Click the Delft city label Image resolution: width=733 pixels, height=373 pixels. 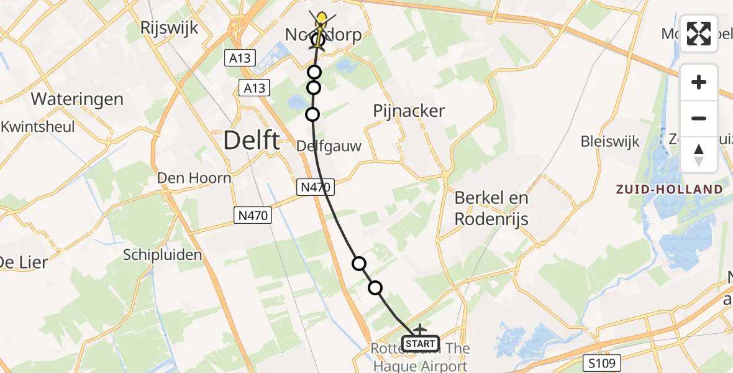click(251, 141)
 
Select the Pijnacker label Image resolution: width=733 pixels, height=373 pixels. click(409, 111)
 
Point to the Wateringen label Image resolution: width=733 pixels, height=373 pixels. click(77, 99)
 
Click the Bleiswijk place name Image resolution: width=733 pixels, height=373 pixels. click(610, 141)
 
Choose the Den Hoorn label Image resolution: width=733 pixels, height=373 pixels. click(194, 178)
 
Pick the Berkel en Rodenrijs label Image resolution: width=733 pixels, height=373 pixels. click(491, 208)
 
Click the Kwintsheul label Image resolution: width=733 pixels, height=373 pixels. click(38, 127)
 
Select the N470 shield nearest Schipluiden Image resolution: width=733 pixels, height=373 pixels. click(253, 216)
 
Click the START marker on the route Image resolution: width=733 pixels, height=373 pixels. click(421, 343)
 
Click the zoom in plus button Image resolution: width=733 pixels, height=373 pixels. click(699, 82)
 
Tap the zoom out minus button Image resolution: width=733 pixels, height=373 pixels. click(699, 118)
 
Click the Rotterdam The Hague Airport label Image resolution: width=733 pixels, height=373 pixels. click(421, 357)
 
